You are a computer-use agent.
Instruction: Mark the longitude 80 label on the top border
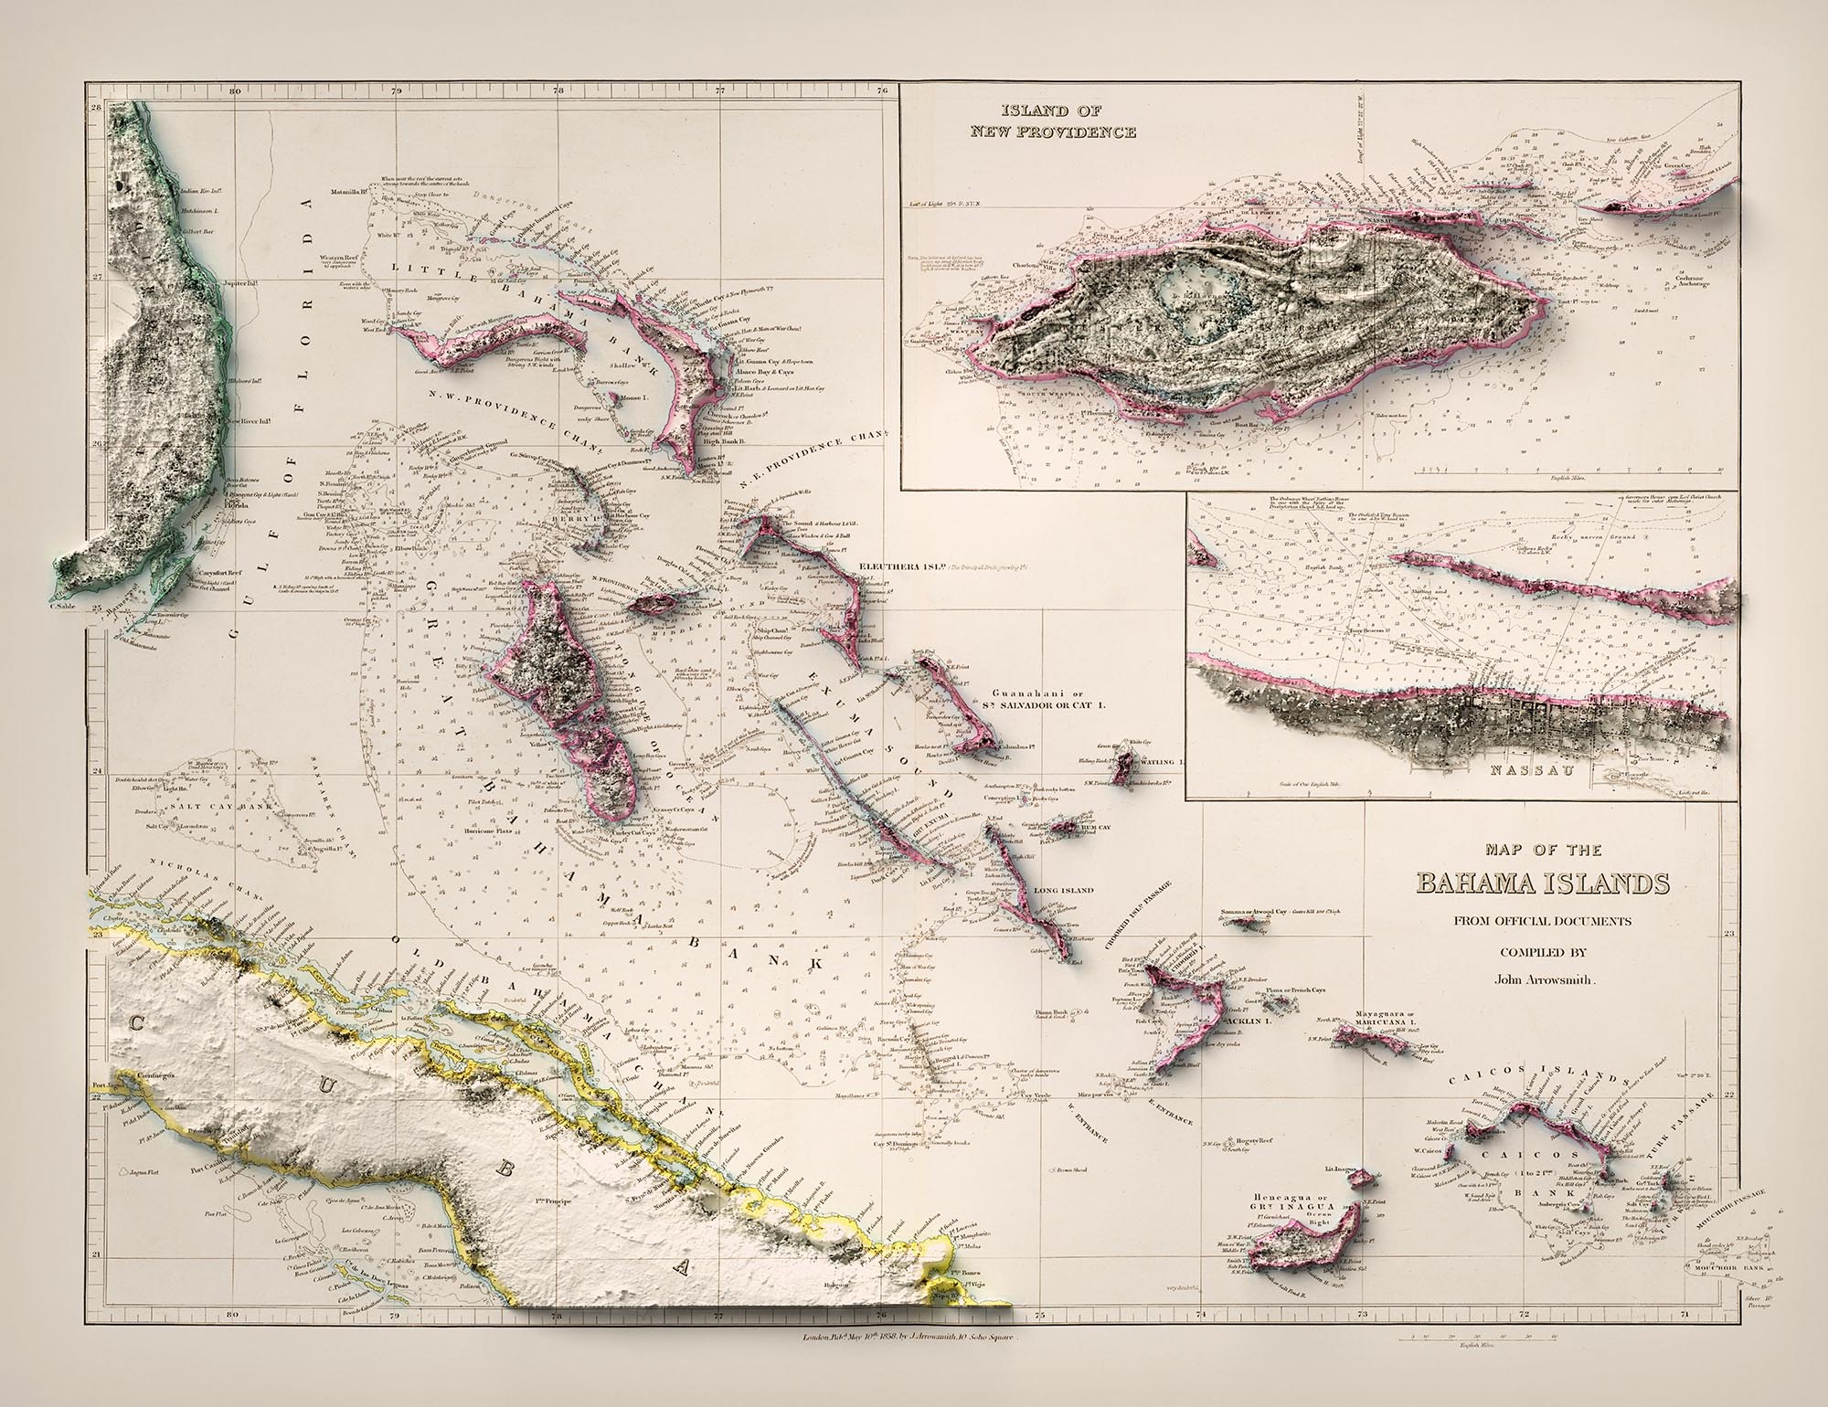[235, 90]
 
